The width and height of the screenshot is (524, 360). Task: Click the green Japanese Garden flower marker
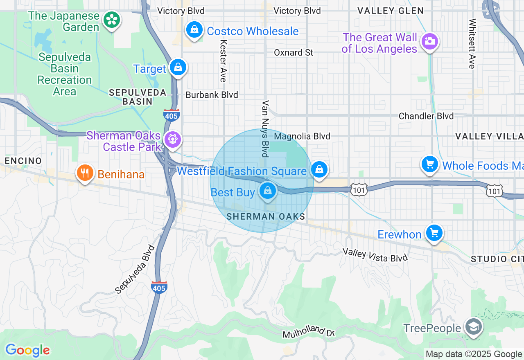point(111,20)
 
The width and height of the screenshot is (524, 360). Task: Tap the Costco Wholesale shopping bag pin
point(194,30)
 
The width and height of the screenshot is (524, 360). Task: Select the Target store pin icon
point(178,67)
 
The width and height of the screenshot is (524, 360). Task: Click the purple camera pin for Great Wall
point(429,41)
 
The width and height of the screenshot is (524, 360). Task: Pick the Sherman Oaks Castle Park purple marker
point(172,139)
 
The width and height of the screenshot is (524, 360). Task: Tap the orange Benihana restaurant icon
point(85,173)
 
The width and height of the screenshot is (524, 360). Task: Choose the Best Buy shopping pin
point(268,191)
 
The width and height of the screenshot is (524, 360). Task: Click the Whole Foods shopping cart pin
point(430,164)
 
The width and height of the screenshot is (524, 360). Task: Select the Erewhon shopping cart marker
point(434,233)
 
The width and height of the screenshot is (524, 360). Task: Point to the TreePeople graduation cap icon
point(474,327)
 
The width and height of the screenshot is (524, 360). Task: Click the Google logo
point(27,350)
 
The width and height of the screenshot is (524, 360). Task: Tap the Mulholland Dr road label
point(309,333)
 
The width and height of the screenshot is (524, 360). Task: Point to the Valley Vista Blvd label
point(375,255)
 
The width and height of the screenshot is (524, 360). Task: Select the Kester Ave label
point(223,61)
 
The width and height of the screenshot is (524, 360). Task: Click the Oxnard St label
point(294,52)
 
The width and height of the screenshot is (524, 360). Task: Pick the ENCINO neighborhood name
point(23,161)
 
